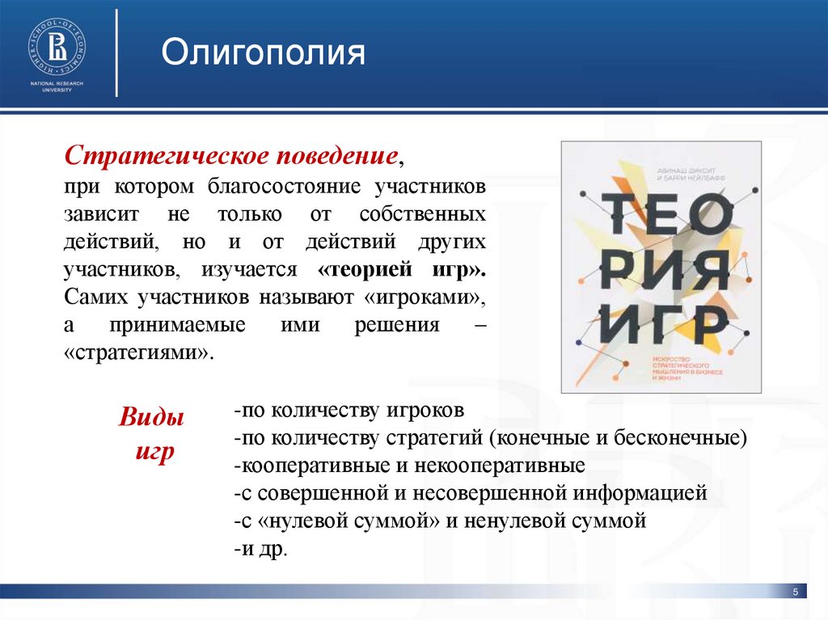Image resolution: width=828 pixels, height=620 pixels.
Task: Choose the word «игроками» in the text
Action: click(x=424, y=297)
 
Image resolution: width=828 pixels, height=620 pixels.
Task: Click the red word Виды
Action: click(x=151, y=419)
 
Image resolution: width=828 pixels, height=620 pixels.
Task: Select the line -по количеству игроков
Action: click(x=348, y=410)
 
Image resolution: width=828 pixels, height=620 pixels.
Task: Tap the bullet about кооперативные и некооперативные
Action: click(x=408, y=466)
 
